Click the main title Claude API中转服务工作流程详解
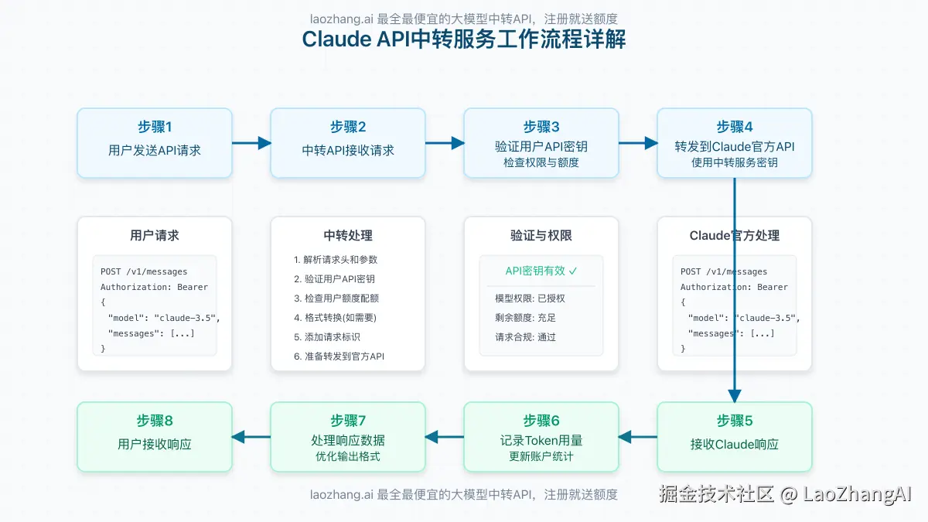click(x=464, y=39)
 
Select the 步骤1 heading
click(x=154, y=127)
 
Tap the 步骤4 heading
click(x=734, y=127)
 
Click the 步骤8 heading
click(x=154, y=421)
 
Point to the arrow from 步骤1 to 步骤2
click(x=251, y=142)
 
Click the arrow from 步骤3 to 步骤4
click(x=638, y=142)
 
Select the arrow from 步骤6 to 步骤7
click(x=445, y=437)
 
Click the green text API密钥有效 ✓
click(x=541, y=271)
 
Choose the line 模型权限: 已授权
click(x=530, y=299)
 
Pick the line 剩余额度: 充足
click(x=525, y=318)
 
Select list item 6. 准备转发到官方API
click(x=339, y=357)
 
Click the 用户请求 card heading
click(x=155, y=236)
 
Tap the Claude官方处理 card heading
click(x=734, y=236)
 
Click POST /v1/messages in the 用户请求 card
click(x=144, y=271)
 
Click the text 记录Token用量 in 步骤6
click(x=541, y=441)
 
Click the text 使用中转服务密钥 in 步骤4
click(x=734, y=162)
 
